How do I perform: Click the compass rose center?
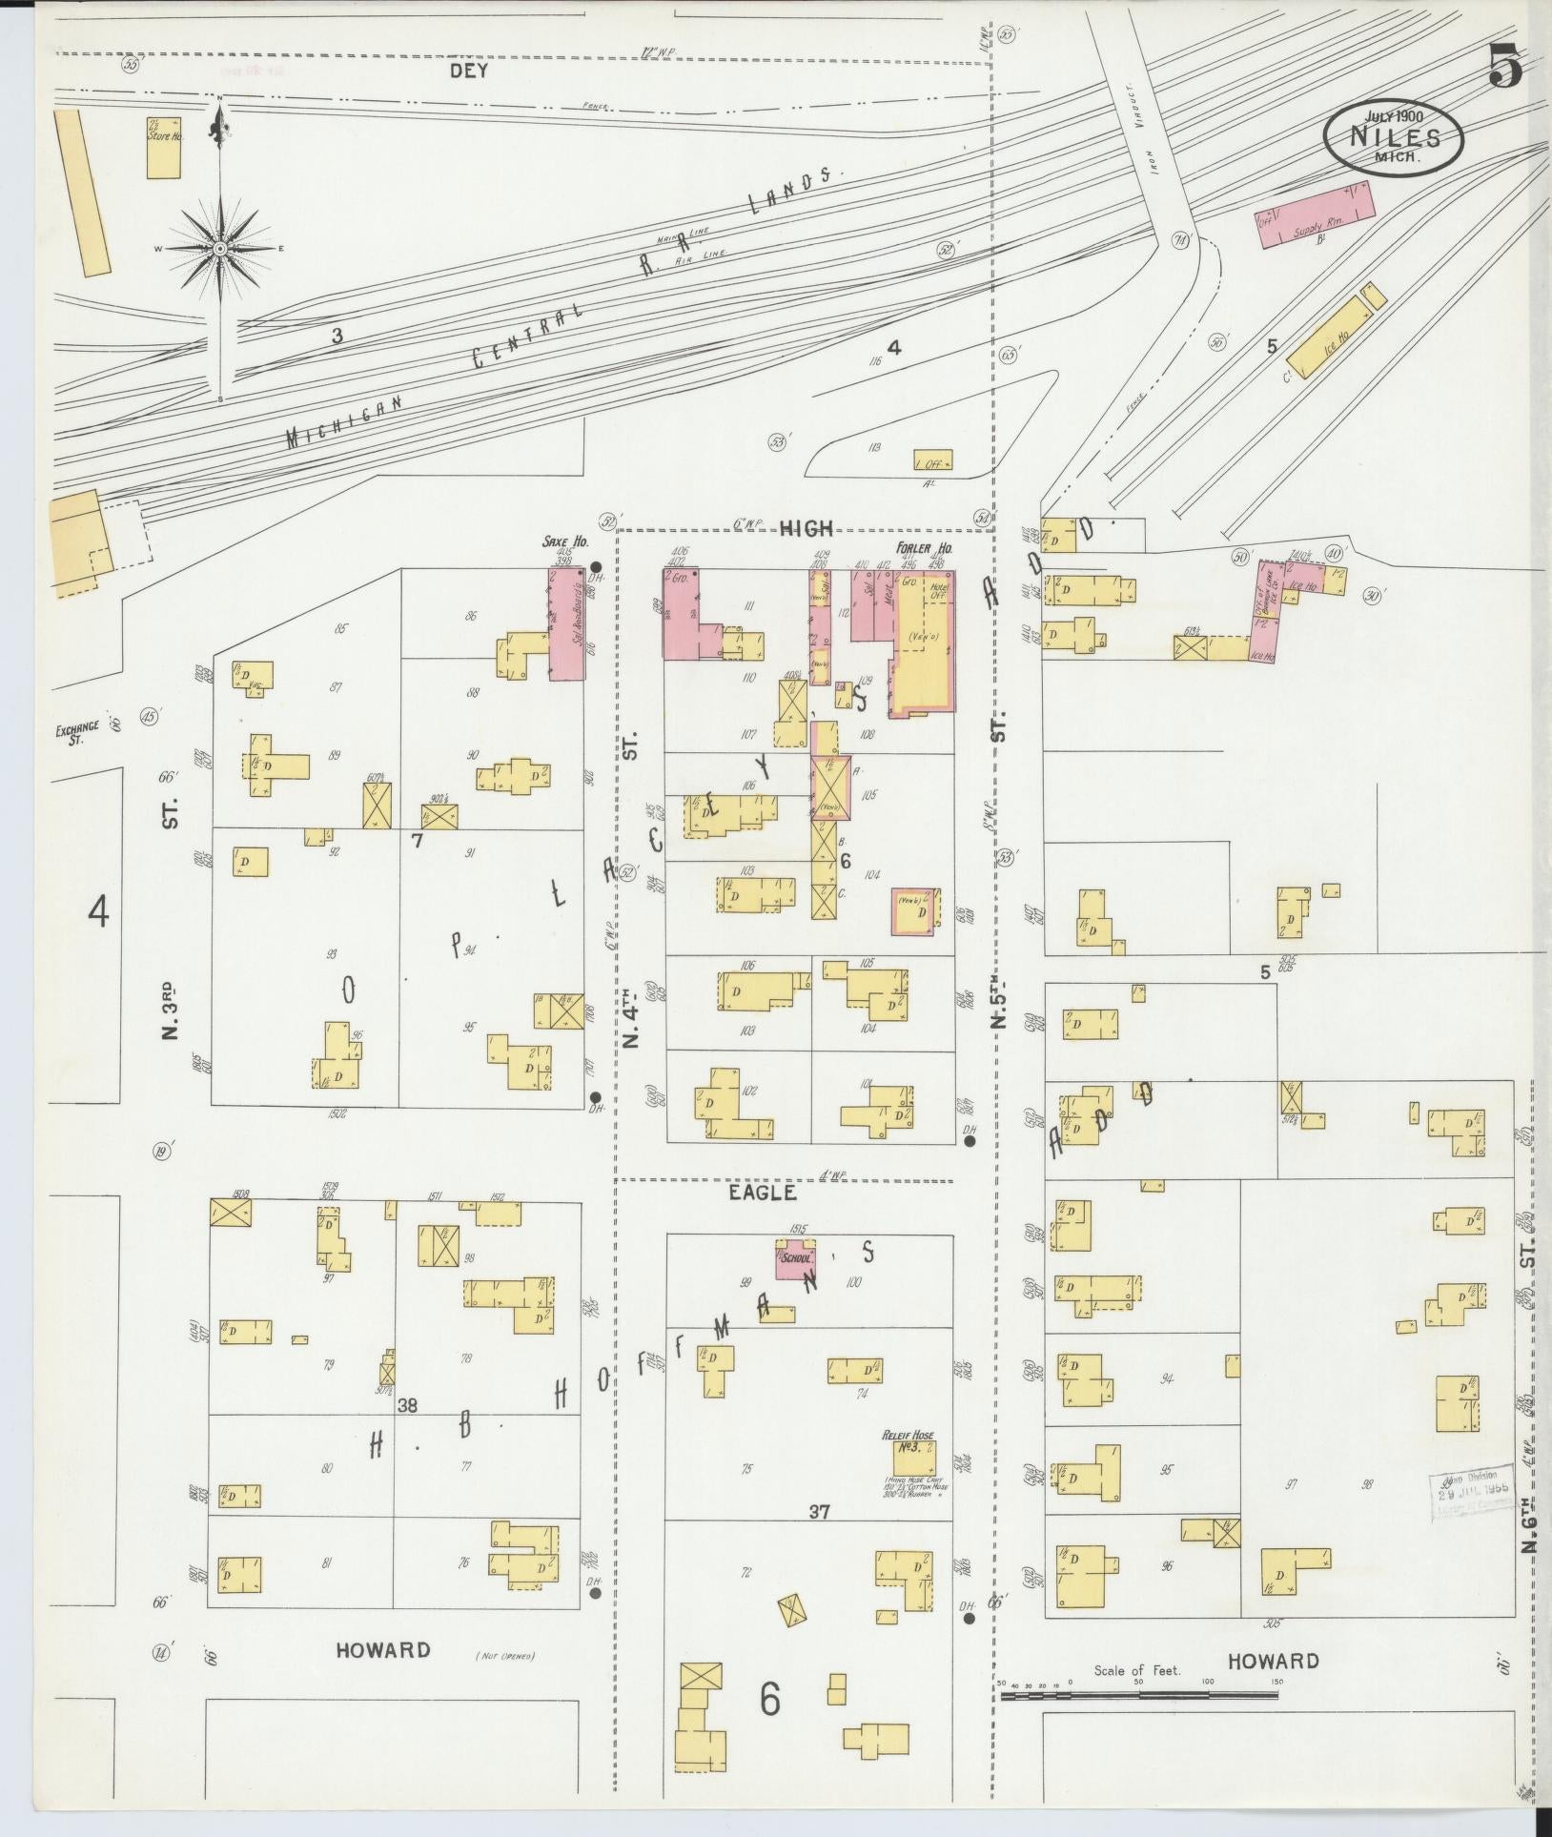point(220,248)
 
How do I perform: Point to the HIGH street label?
point(807,527)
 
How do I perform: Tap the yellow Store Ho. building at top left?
point(164,146)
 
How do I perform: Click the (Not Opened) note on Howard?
point(503,1656)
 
